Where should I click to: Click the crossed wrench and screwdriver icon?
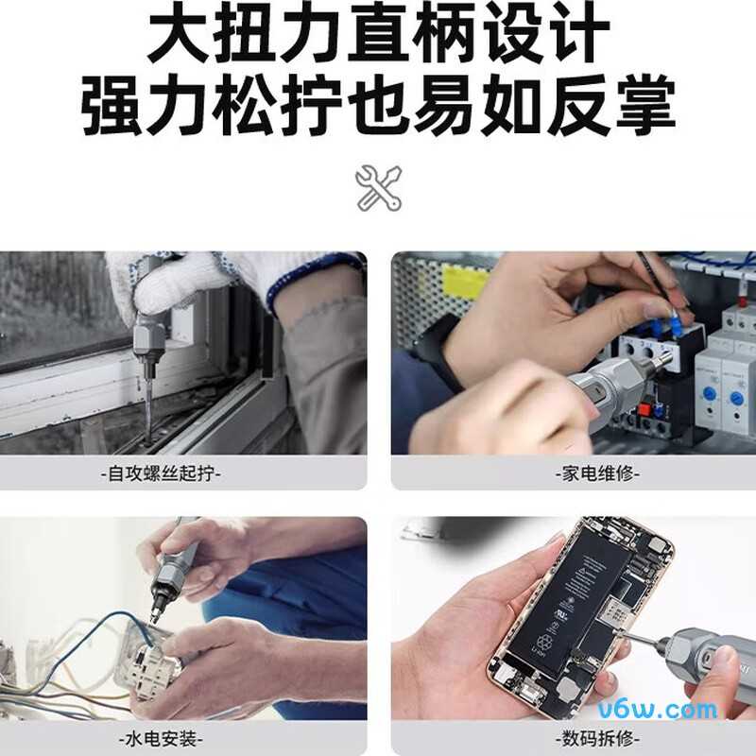pyautogui.click(x=378, y=187)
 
